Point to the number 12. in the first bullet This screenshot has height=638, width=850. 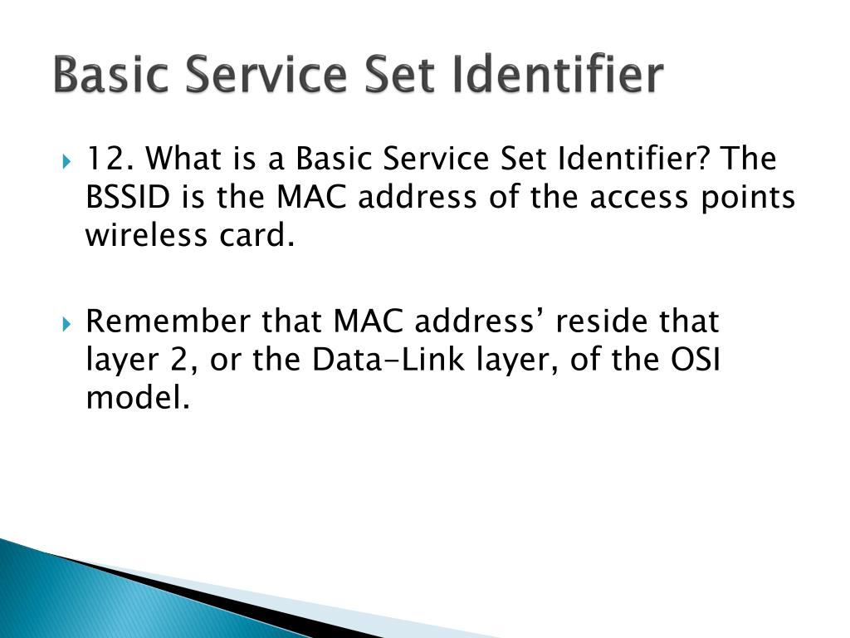(x=111, y=157)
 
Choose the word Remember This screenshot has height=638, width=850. (x=169, y=321)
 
